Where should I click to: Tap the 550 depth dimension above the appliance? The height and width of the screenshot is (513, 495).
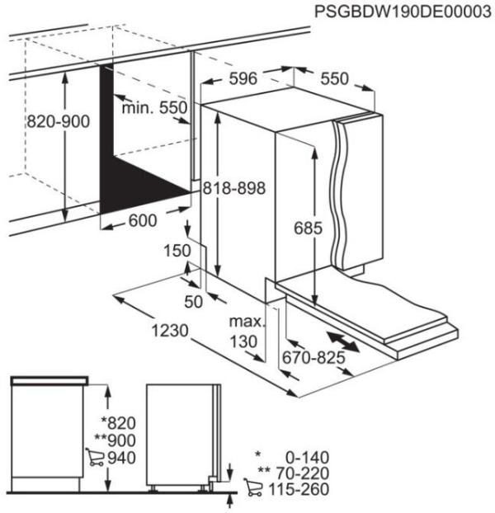pyautogui.click(x=334, y=79)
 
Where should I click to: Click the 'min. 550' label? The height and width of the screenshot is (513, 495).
pyautogui.click(x=155, y=108)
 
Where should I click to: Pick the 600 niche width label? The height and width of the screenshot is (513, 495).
pyautogui.click(x=143, y=222)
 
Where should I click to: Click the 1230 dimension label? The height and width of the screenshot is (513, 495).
pyautogui.click(x=169, y=331)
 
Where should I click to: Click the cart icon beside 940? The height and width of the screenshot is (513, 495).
pyautogui.click(x=95, y=458)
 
